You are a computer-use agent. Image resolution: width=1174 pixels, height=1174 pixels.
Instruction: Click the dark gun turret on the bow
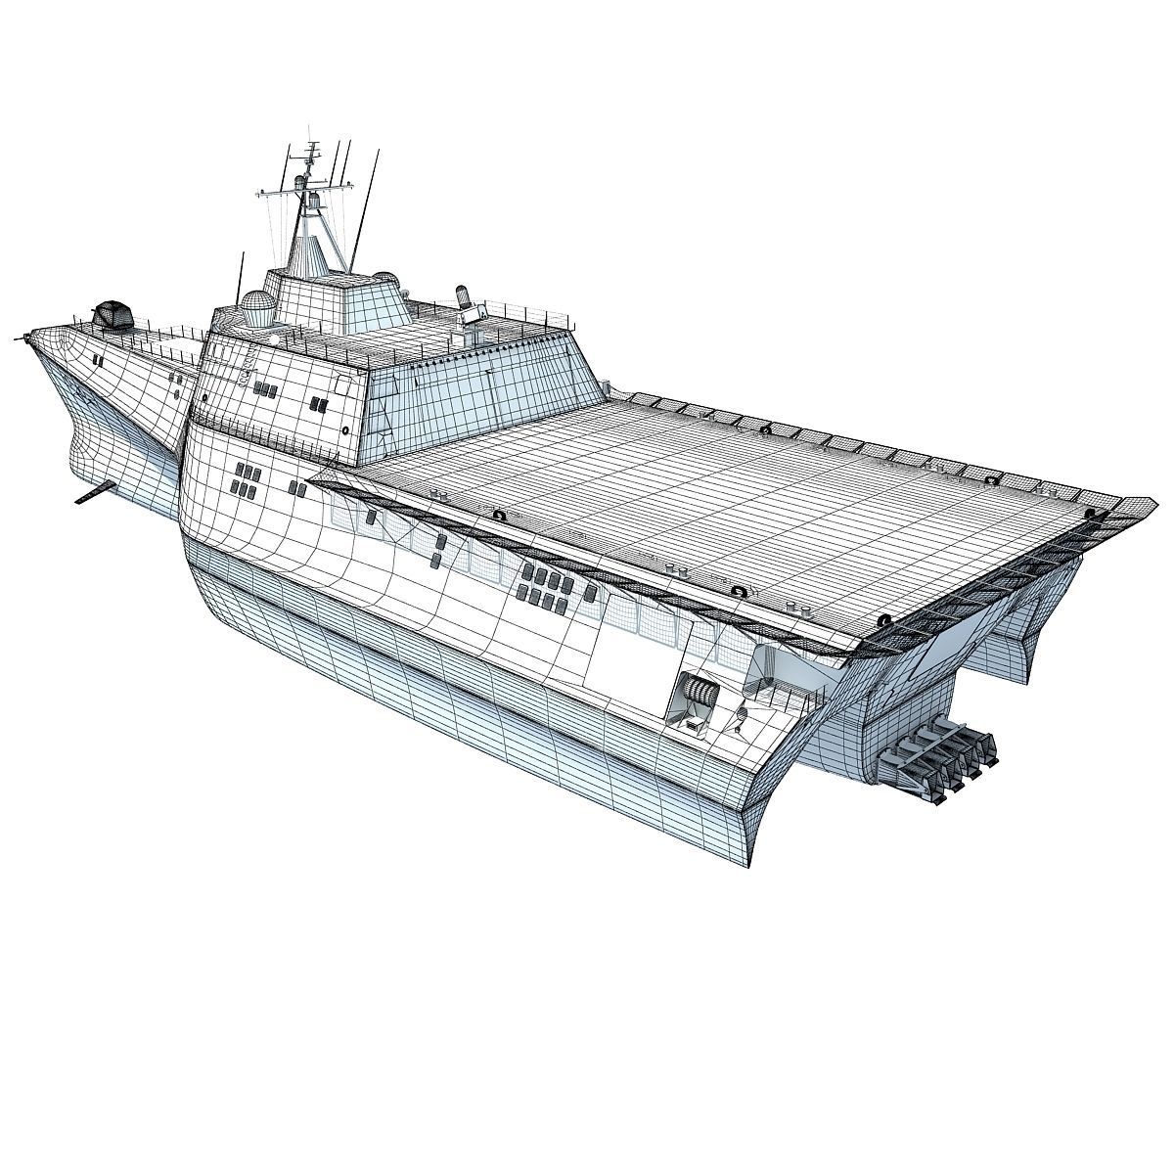(x=111, y=316)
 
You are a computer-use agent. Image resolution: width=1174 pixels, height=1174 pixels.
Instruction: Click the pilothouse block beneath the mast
(x=333, y=293)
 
